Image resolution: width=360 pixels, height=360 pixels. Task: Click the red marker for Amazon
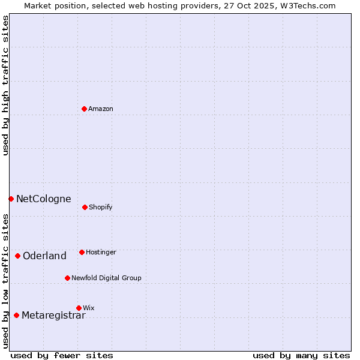pos(84,109)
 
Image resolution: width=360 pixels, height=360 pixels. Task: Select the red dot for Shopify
pos(85,207)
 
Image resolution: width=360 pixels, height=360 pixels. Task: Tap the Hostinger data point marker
pos(82,252)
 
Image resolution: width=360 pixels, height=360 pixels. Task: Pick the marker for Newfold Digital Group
pos(67,278)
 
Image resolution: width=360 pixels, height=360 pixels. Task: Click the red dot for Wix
pos(79,308)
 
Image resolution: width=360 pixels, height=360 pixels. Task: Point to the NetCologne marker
pos(11,199)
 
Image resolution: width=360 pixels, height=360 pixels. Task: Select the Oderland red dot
pos(17,256)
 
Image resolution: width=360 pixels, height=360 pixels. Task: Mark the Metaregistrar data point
pos(16,315)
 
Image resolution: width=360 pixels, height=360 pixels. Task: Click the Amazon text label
pos(101,109)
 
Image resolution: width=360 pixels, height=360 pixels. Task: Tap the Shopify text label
pos(101,207)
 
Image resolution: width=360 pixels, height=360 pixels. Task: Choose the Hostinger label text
pos(101,252)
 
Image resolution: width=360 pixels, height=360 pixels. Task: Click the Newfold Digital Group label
pos(106,278)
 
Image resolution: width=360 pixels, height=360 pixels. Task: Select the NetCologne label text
pos(44,199)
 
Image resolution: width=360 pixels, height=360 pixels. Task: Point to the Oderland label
pos(44,256)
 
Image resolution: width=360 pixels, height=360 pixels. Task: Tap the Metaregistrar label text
pos(53,316)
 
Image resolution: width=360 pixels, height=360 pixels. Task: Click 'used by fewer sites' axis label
pos(62,355)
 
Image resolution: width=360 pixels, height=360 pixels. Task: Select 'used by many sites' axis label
pos(301,355)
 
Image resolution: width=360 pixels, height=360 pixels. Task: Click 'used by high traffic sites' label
pos(5,85)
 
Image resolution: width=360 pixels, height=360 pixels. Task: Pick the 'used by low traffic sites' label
pos(5,281)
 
